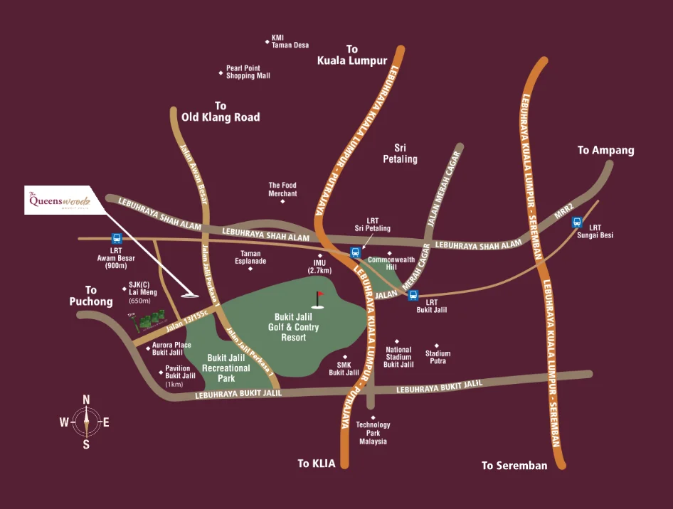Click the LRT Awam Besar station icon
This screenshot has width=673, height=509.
coord(116,240)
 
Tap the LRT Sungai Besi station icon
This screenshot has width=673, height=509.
coord(578,222)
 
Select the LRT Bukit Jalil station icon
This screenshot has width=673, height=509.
coord(413,296)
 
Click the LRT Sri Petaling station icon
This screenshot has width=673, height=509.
coord(355,252)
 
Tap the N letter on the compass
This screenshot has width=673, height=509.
coord(86,400)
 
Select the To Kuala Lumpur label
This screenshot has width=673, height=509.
coord(352,55)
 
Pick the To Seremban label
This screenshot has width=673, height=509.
coord(514,466)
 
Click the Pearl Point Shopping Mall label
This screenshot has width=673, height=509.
coord(248,73)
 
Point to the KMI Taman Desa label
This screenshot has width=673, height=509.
coord(290,42)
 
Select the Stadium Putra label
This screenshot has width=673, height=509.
coord(438,357)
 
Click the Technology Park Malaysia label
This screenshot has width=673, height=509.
coord(373,433)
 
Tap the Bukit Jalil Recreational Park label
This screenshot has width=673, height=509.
coord(226,368)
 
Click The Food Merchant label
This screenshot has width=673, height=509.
coord(282,189)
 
